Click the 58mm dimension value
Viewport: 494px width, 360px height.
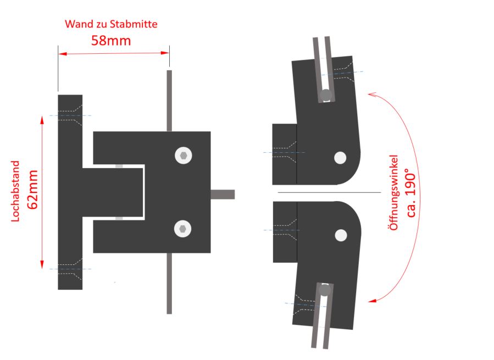point(111,41)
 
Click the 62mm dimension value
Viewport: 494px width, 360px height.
point(33,190)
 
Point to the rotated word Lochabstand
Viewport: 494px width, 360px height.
point(15,191)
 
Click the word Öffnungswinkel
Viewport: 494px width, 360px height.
point(394,192)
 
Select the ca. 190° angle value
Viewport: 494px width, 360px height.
point(412,192)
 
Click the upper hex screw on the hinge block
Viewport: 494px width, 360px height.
point(184,156)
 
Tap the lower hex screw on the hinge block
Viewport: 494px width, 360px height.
point(183,229)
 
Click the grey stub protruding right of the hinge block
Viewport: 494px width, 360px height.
point(223,195)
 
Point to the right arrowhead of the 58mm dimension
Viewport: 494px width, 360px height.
point(165,53)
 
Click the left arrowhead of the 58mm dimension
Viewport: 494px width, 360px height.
point(63,54)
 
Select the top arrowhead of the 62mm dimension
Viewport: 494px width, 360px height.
point(42,120)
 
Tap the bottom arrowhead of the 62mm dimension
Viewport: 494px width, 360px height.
point(42,265)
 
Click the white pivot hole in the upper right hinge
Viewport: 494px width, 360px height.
point(340,158)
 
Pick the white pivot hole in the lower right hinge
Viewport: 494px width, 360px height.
point(341,235)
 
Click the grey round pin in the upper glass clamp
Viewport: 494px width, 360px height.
point(326,95)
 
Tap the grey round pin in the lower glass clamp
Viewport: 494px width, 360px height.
point(325,290)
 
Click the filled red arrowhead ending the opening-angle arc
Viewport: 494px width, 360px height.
point(373,301)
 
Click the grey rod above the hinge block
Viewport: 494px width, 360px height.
point(169,101)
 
